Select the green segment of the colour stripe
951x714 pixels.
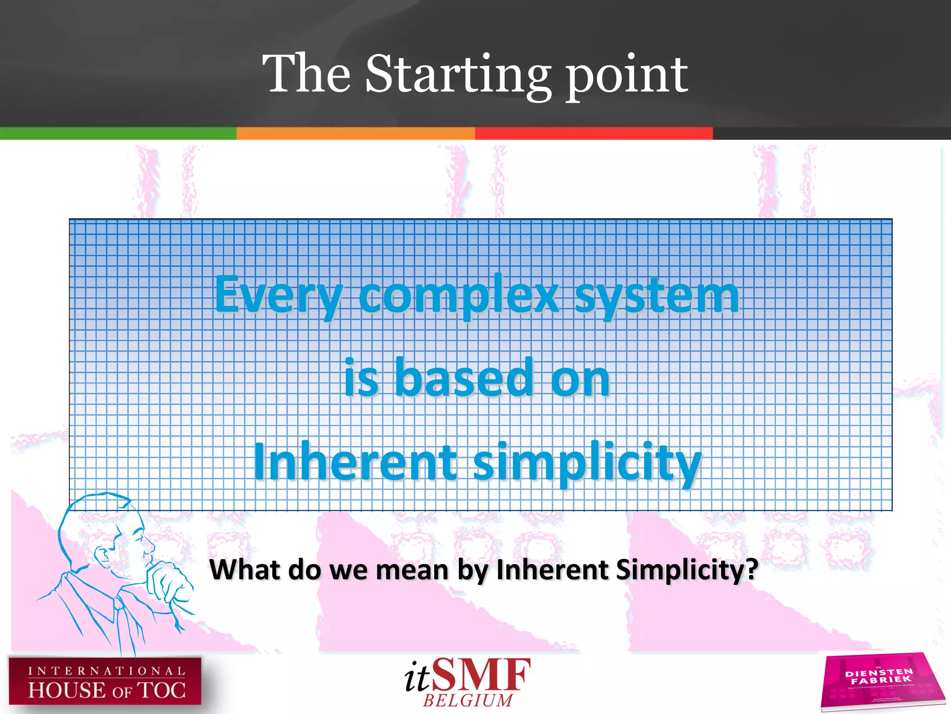coord(118,133)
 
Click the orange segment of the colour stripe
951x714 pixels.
coord(355,133)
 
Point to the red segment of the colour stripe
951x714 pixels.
coord(593,133)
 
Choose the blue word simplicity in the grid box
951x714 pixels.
coord(587,463)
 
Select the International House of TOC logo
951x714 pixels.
coord(105,681)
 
